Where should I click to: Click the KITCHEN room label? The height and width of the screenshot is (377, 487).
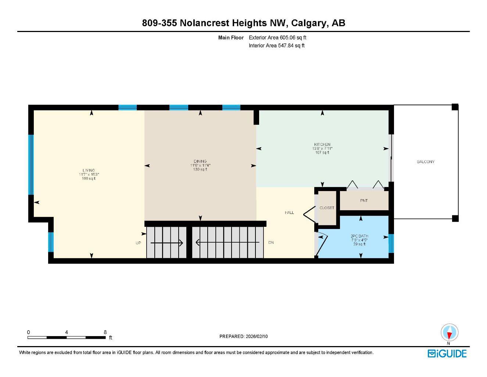point(322,144)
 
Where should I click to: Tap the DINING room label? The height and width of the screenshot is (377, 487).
point(200,161)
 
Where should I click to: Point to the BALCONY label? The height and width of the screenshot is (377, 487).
point(426,162)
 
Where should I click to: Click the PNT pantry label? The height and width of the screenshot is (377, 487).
point(364,201)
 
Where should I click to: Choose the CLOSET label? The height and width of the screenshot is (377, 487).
point(327,208)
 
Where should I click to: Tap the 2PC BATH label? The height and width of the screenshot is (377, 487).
point(359,236)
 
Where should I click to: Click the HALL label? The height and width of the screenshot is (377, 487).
point(289,212)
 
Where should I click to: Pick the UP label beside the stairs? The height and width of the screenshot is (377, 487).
point(139,243)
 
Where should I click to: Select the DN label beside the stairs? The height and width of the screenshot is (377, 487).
point(271,242)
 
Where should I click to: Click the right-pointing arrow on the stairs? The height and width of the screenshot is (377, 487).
point(167,243)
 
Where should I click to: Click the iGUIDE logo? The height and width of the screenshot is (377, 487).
point(447,353)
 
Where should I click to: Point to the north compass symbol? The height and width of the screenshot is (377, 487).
point(449,333)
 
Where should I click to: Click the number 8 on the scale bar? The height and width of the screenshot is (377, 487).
point(105,332)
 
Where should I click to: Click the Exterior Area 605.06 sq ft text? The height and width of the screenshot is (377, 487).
point(277,38)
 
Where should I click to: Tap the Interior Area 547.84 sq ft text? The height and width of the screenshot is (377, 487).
point(277,46)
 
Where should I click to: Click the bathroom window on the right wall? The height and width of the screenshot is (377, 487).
point(391,243)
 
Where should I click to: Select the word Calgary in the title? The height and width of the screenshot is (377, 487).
point(309,23)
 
